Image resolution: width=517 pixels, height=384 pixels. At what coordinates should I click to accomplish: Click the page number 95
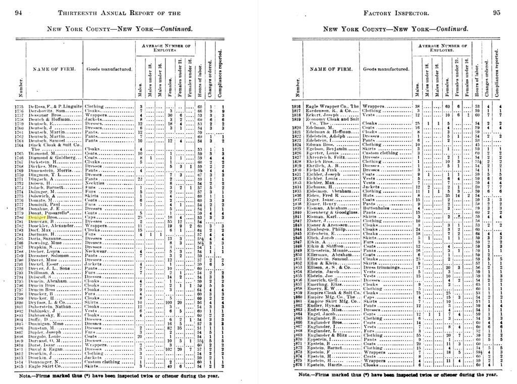(497, 12)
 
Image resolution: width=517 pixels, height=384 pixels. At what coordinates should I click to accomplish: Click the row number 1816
(297, 106)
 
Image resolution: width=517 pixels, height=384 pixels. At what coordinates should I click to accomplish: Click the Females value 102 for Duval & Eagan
(171, 348)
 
